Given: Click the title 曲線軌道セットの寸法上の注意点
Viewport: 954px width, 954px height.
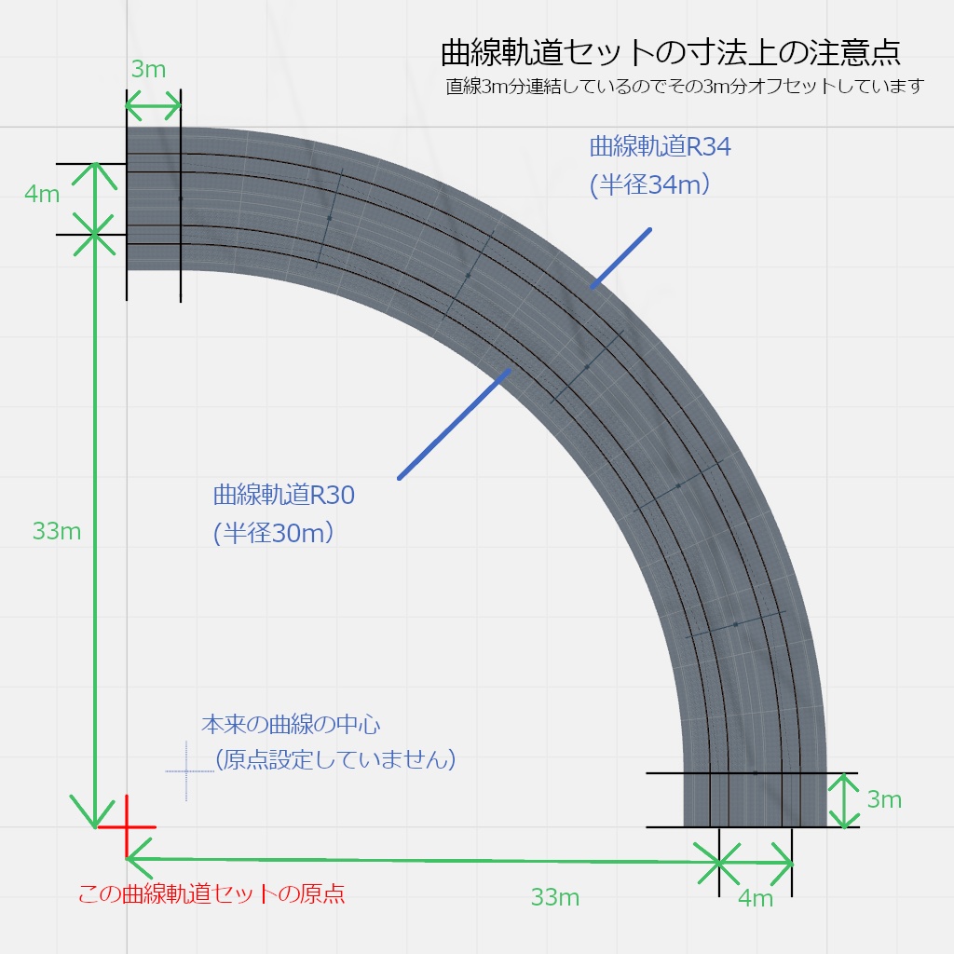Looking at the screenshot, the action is click(670, 52).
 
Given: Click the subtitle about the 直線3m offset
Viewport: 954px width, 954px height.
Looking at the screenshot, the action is click(685, 87).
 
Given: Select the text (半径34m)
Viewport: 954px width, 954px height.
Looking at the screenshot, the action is click(650, 184).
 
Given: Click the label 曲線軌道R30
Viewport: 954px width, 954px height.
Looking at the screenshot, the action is click(284, 495).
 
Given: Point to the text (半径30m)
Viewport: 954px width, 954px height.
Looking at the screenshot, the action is click(274, 533).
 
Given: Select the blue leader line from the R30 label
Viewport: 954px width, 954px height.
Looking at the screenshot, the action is click(455, 424).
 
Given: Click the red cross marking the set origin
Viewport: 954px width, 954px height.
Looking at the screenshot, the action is click(127, 826).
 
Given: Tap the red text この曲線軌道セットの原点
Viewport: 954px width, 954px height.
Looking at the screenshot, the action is click(211, 894).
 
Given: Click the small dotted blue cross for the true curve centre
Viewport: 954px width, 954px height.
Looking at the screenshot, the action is click(187, 771).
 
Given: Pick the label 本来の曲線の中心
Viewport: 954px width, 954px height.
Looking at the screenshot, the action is click(292, 723).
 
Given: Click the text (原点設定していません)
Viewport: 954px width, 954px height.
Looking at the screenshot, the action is click(334, 759).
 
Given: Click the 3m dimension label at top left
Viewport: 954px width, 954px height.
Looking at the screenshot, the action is click(149, 69).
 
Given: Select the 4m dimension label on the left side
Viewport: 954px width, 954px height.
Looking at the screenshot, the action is click(43, 194).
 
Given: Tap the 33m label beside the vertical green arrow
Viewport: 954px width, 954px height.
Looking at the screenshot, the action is click(57, 531).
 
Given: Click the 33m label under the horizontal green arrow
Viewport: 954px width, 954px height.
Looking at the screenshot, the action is click(555, 897).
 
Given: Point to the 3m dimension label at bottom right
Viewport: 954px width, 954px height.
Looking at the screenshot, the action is click(884, 799).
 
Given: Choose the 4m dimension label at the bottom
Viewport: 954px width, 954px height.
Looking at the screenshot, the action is click(756, 898).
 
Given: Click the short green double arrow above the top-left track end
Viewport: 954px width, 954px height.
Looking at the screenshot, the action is click(153, 107).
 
